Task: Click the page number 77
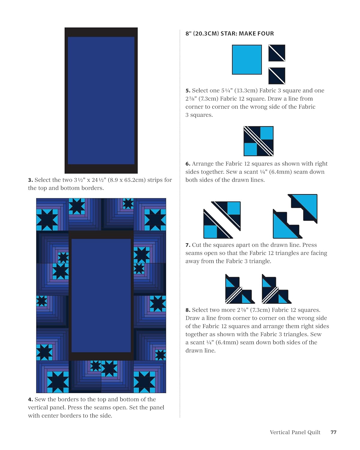pyautogui.click(x=333, y=432)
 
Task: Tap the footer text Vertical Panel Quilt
pyautogui.click(x=295, y=432)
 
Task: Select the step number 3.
pyautogui.click(x=30, y=180)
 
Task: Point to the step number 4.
pyautogui.click(x=30, y=399)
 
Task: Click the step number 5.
pyautogui.click(x=188, y=91)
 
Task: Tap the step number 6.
pyautogui.click(x=188, y=164)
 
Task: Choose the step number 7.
pyautogui.click(x=188, y=245)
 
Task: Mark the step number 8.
pyautogui.click(x=188, y=310)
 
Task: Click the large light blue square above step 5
pyautogui.click(x=247, y=60)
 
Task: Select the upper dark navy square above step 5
pyautogui.click(x=277, y=53)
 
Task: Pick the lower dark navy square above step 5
pyautogui.click(x=277, y=76)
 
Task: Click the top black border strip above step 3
pyautogui.click(x=101, y=32)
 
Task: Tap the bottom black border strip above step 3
pyautogui.click(x=101, y=169)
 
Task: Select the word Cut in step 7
pyautogui.click(x=196, y=245)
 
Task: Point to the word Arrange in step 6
pyautogui.click(x=202, y=164)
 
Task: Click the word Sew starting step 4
pyautogui.click(x=40, y=399)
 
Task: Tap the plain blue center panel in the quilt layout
pyautogui.click(x=101, y=295)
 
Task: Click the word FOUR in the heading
pyautogui.click(x=265, y=34)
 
